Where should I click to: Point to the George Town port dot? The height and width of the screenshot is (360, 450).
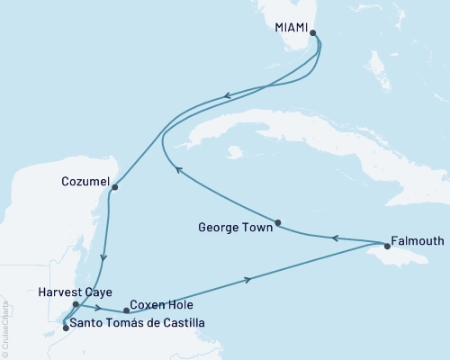[x=278, y=223]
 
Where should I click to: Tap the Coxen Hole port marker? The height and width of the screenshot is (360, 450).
[x=126, y=310]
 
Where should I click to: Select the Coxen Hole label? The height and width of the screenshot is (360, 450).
[x=159, y=305]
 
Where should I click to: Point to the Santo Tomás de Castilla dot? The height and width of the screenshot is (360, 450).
[x=65, y=328]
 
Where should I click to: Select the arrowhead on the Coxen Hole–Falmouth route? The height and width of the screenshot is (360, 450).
[x=247, y=280]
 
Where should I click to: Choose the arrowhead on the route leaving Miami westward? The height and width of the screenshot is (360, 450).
[x=229, y=94]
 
